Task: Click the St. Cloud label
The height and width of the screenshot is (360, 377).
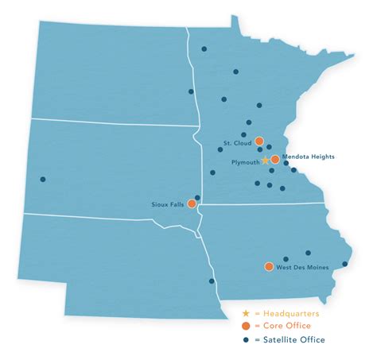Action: pos(236,144)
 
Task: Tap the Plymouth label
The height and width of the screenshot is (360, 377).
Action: pos(243,162)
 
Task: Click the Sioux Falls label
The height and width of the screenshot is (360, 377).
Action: pos(168,204)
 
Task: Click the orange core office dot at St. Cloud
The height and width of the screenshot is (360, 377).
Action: pos(259,141)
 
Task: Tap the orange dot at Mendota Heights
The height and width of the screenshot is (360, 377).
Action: pos(275,160)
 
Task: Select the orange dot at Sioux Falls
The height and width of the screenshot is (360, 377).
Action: pos(191,203)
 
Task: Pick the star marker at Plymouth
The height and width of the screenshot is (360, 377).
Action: pos(266,160)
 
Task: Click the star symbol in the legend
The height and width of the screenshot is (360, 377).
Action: pos(247,314)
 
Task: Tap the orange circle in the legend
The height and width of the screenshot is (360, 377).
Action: pos(247,327)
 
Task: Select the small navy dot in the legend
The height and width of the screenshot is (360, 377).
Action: pos(247,339)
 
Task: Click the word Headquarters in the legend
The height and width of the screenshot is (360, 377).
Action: pos(292,314)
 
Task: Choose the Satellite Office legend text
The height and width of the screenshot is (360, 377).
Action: pos(294,339)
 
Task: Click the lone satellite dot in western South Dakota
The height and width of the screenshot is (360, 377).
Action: pos(43,179)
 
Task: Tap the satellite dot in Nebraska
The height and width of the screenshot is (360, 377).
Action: pos(212,281)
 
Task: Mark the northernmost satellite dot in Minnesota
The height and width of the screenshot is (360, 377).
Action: pos(204,49)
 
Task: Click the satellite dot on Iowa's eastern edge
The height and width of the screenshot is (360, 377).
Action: pos(345,264)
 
